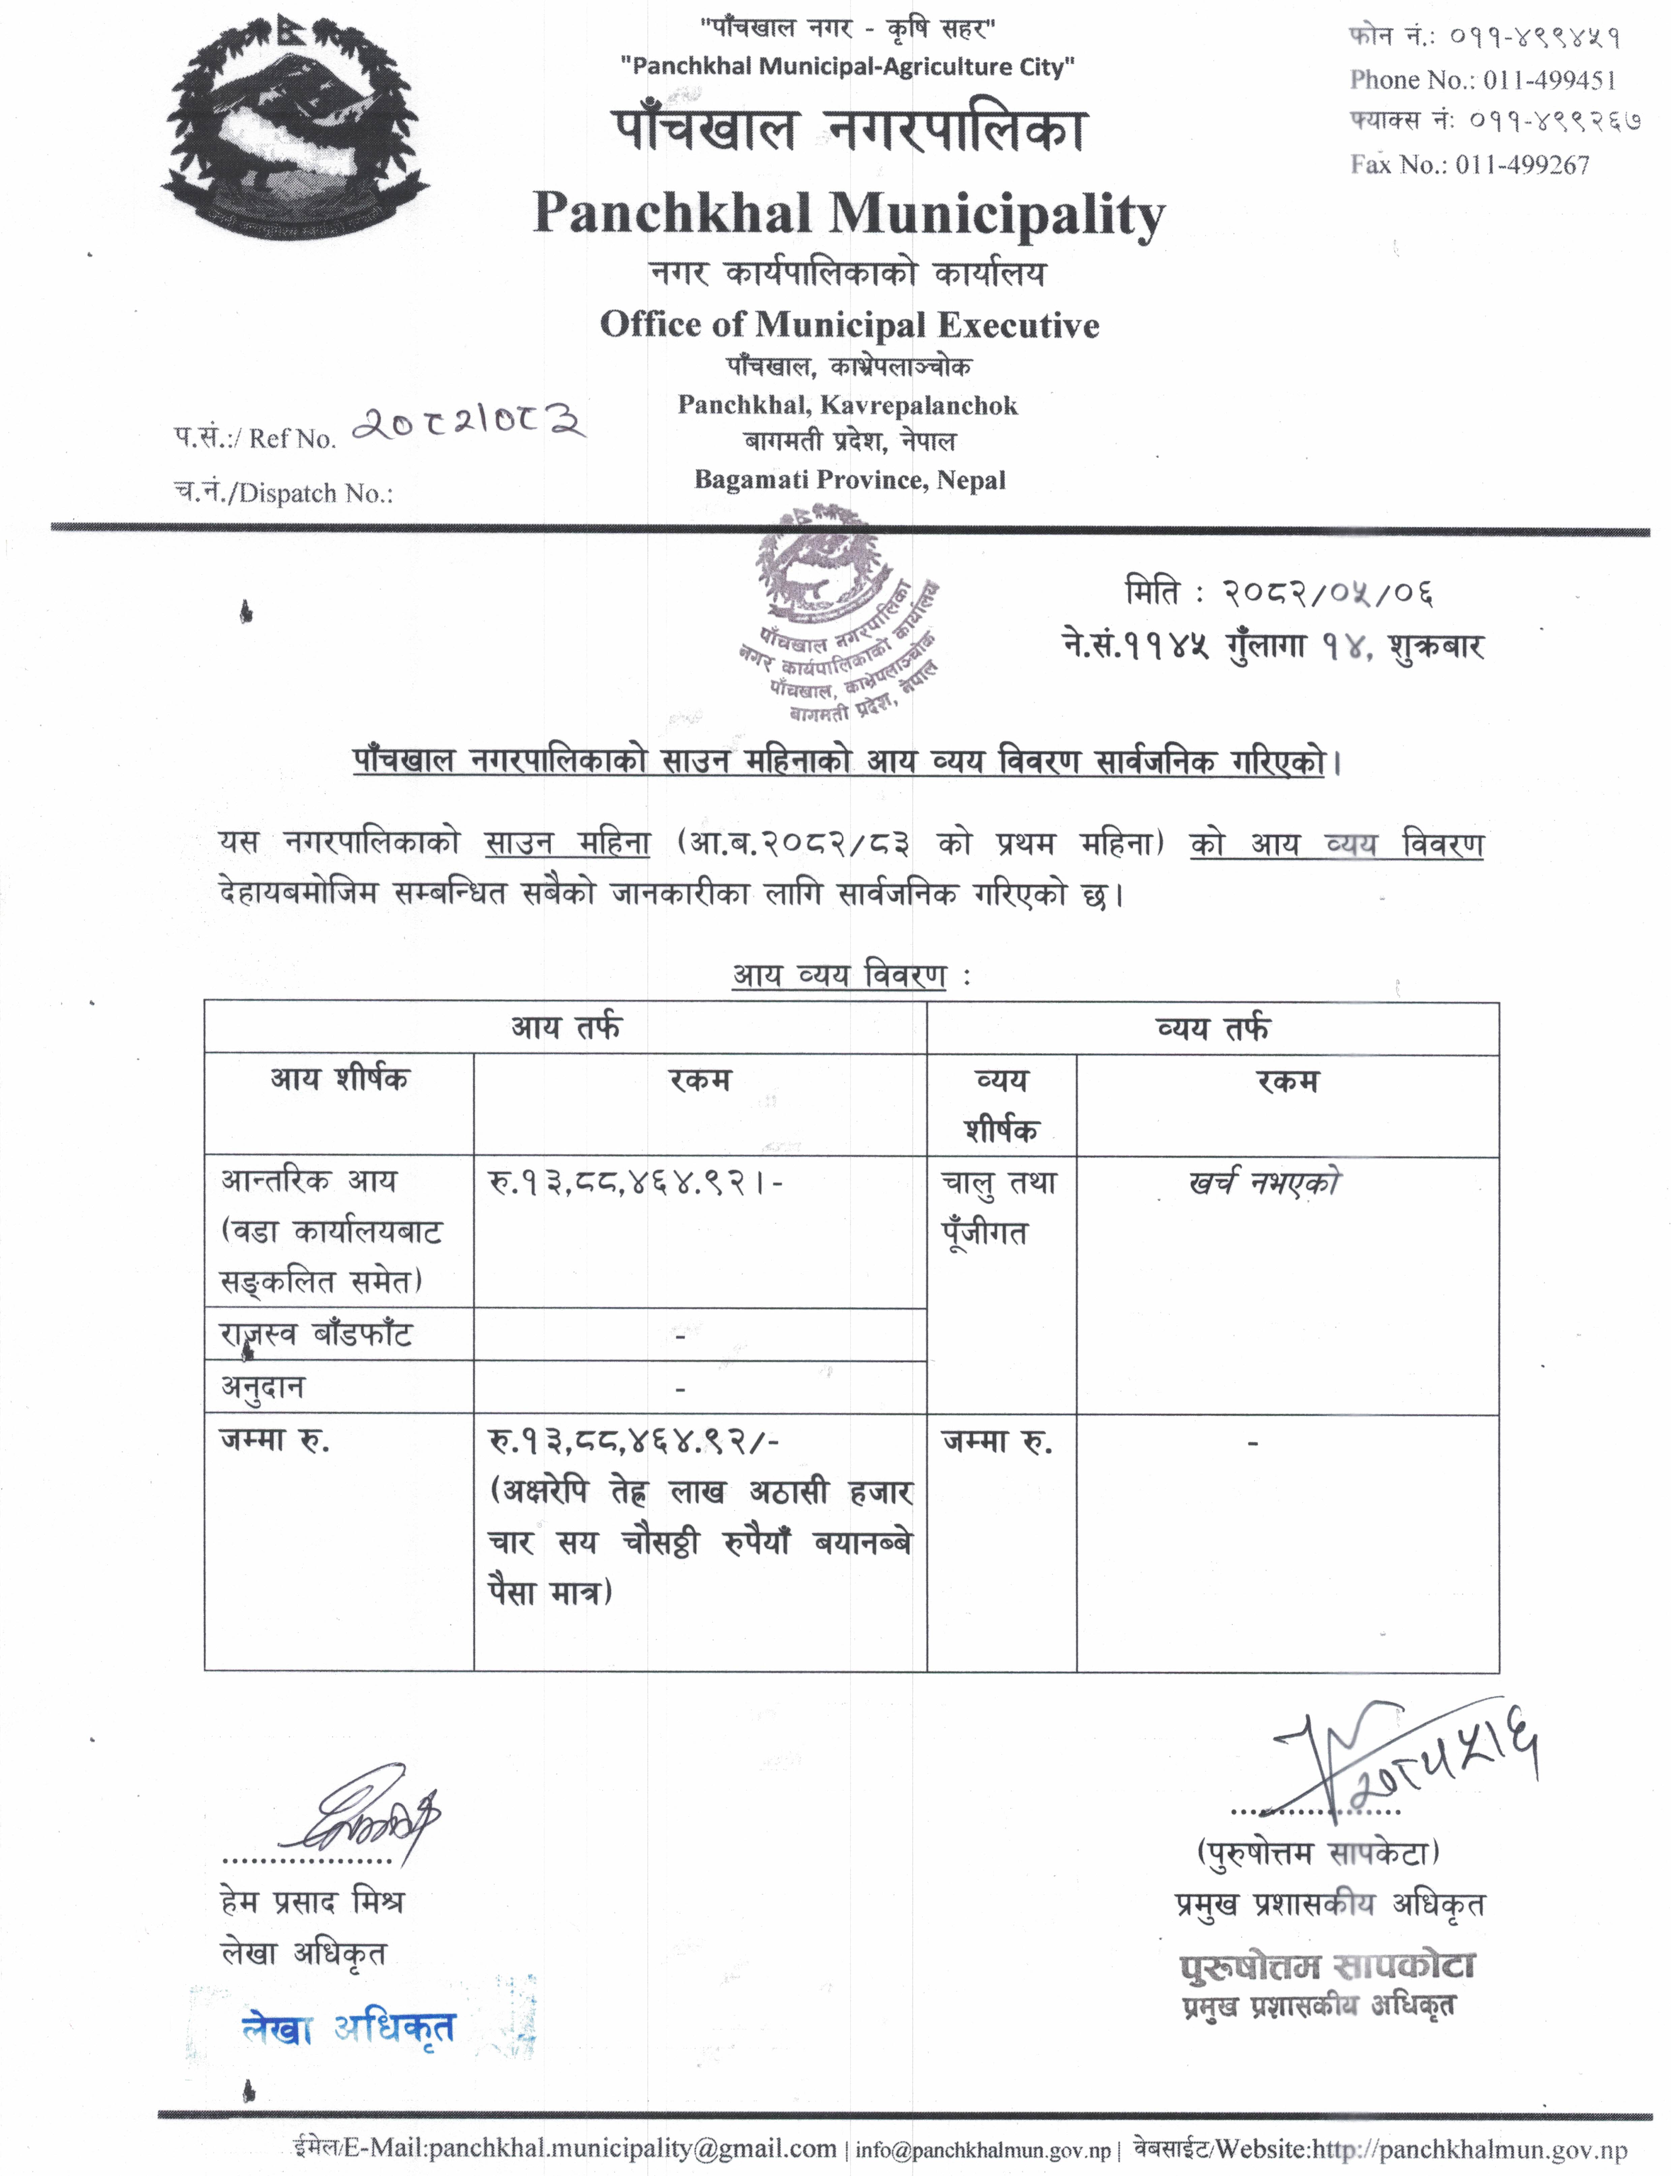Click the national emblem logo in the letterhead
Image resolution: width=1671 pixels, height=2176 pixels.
(x=296, y=139)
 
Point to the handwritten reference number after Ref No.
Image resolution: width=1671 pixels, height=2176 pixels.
(x=467, y=424)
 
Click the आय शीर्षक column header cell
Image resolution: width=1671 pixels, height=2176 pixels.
(x=339, y=1080)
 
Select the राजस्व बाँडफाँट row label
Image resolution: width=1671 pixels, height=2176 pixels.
(x=316, y=1335)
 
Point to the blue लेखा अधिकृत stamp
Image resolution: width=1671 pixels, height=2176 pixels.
(x=348, y=2029)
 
